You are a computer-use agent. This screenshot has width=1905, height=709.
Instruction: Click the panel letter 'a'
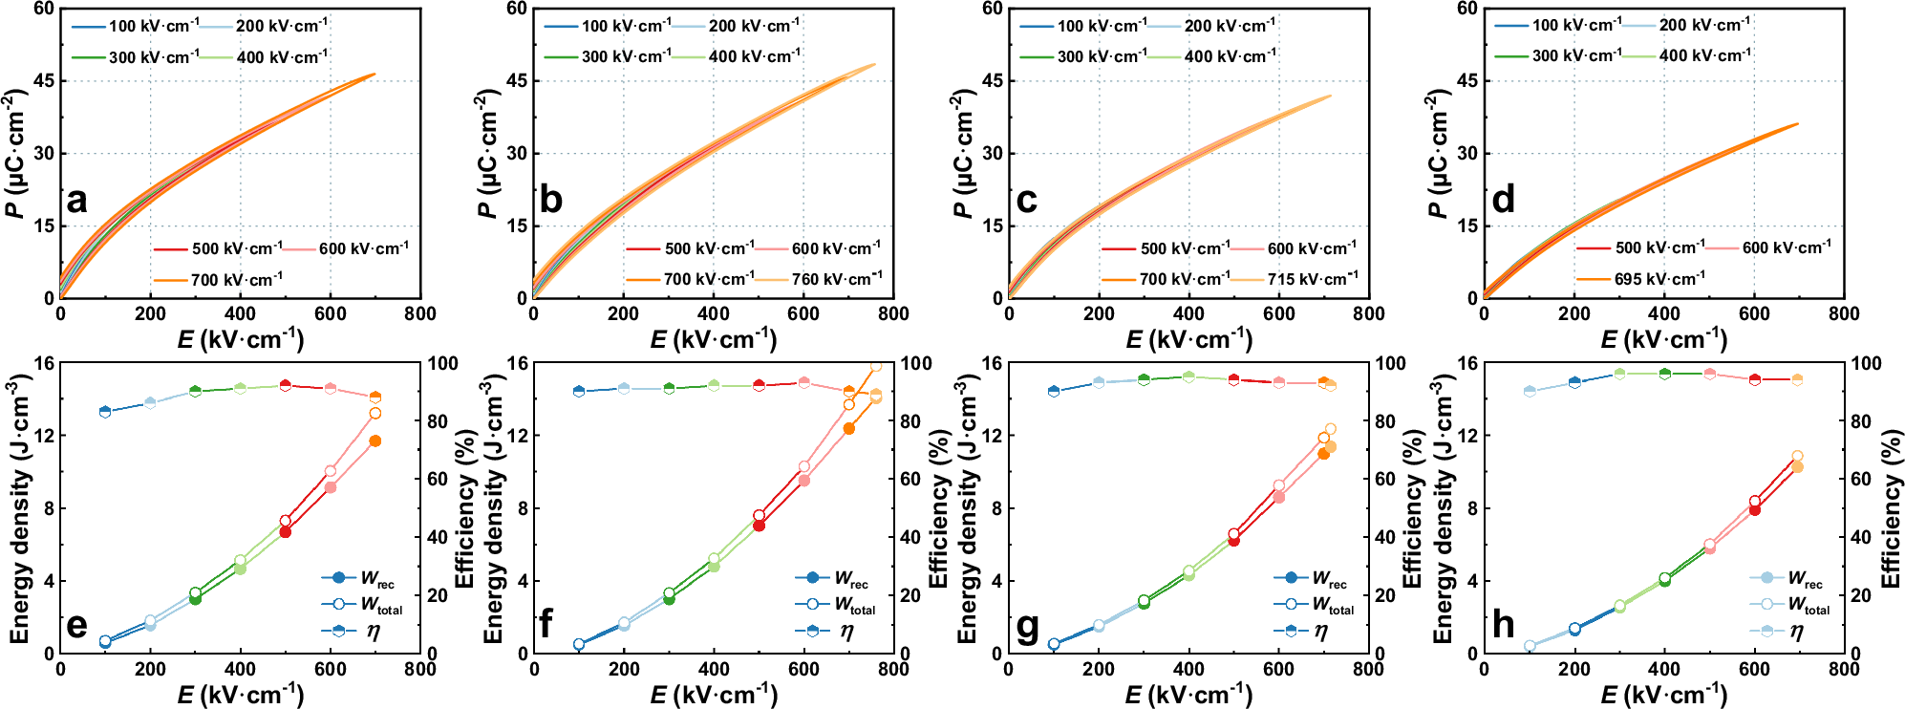pyautogui.click(x=76, y=201)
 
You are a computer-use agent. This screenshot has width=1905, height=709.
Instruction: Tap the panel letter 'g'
pyautogui.click(x=1027, y=626)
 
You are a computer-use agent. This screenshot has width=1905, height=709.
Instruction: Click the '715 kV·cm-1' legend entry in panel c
pyautogui.click(x=1295, y=278)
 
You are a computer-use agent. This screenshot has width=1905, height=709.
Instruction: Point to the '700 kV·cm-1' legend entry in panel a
pyautogui.click(x=219, y=280)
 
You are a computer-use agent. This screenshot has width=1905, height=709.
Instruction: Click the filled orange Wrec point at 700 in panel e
pyautogui.click(x=375, y=441)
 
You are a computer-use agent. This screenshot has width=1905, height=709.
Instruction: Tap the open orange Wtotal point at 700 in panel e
pyautogui.click(x=375, y=414)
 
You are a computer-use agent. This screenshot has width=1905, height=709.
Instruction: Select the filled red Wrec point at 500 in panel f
pyautogui.click(x=759, y=526)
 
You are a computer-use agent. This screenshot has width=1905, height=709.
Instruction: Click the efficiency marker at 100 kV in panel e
pyautogui.click(x=105, y=412)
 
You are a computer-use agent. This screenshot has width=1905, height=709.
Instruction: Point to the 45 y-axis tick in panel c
pyautogui.click(x=993, y=80)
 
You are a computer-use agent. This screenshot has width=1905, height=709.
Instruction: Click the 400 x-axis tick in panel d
pyautogui.click(x=1663, y=313)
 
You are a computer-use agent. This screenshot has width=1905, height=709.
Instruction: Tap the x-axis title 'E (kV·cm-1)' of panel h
pyautogui.click(x=1663, y=694)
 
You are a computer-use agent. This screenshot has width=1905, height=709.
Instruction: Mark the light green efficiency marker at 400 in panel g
pyautogui.click(x=1188, y=376)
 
